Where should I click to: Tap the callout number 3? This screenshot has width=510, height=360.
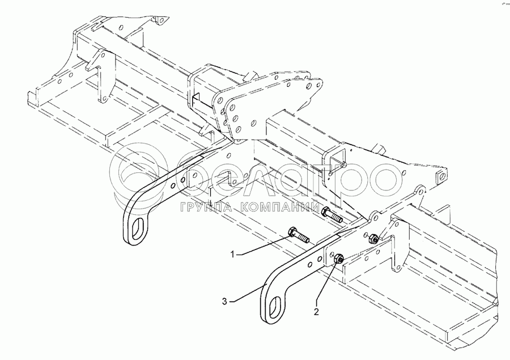(x=225, y=302)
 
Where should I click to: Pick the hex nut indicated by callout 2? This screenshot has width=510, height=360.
(x=337, y=259)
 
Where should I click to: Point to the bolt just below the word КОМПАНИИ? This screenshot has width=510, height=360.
(x=331, y=215)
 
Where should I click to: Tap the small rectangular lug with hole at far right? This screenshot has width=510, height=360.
(x=440, y=178)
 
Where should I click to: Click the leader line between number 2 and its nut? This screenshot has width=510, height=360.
(x=327, y=286)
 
